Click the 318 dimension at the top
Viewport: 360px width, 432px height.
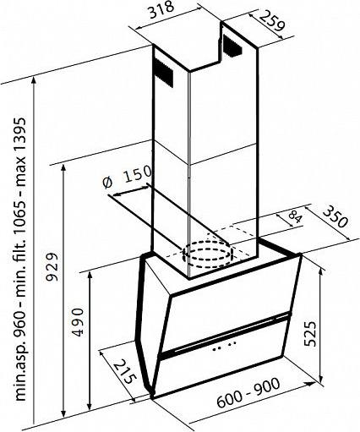[x=161, y=10]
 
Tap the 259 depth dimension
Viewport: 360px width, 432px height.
[x=271, y=20]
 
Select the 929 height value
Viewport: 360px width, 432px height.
[x=52, y=267]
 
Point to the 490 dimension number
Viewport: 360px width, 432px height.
[x=78, y=322]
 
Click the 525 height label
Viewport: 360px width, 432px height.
[x=311, y=333]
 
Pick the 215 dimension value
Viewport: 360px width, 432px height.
[x=125, y=371]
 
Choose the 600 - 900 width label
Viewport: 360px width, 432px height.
[x=248, y=393]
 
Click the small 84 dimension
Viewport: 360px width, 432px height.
[x=295, y=218]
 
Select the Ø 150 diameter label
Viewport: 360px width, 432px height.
[x=128, y=177]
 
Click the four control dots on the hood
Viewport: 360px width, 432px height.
[x=224, y=346]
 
